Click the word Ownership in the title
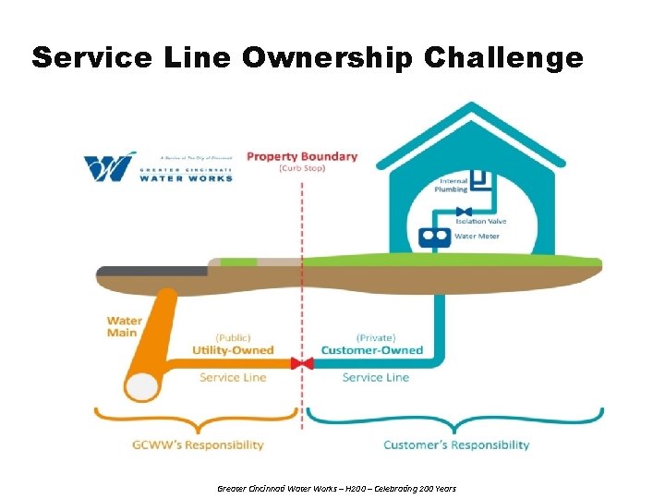coord(327,58)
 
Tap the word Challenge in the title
coord(503,58)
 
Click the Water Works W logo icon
coord(110,167)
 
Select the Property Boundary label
coord(301,156)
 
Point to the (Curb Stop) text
coord(301,168)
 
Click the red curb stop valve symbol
coord(302,363)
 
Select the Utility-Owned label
coord(233,350)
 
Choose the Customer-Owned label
coord(371,350)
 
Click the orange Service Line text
coord(233,377)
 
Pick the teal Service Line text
coord(375,377)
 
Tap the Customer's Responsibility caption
coord(456,444)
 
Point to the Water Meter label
coord(477,236)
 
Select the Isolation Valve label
coord(482,222)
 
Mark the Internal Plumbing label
coord(453,185)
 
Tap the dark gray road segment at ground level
coord(152,271)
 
